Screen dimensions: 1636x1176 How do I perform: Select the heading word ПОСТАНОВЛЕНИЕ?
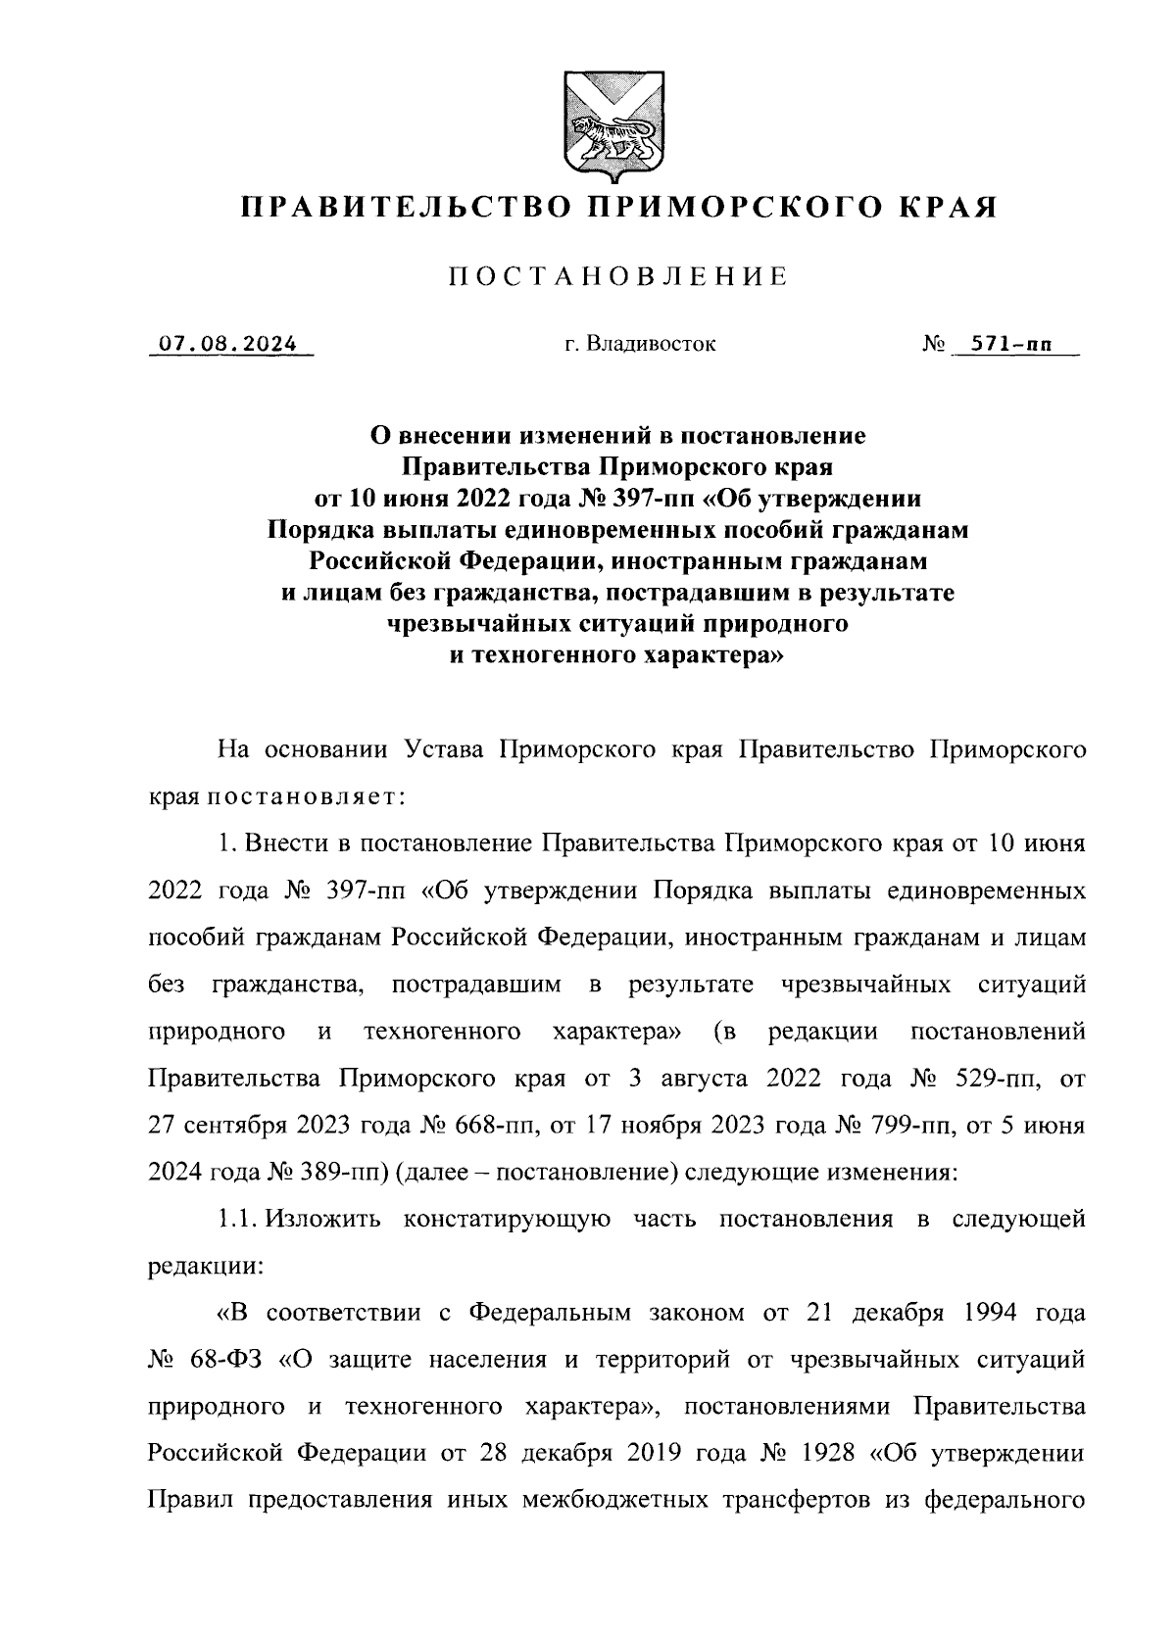point(618,278)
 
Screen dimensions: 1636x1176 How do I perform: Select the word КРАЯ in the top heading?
point(944,207)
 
